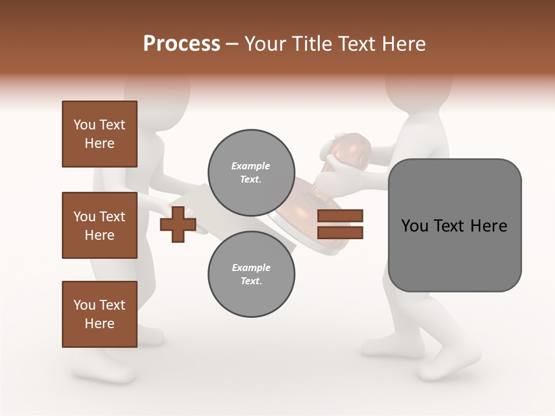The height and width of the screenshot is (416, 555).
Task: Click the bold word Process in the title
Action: pos(182,44)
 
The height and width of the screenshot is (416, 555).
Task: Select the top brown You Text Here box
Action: pos(99,134)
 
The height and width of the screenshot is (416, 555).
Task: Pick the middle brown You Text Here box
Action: pos(99,225)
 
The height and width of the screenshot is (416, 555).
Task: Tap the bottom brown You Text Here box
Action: pos(99,314)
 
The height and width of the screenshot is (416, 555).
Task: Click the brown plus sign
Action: pos(178,223)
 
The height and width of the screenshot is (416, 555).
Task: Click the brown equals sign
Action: pos(340,224)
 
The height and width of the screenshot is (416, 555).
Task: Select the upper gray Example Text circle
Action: pos(251,172)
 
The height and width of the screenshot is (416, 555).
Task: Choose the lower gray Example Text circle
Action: pos(251,274)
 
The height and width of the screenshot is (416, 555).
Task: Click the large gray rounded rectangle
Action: pos(454,225)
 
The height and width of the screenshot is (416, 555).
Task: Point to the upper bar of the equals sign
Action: pos(340,216)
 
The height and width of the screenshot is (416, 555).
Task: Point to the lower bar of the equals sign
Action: pos(340,232)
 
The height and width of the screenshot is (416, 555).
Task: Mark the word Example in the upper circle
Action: pos(251,166)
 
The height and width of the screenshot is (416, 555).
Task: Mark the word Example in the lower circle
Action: pos(251,268)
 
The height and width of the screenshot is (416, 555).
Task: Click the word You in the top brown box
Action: pos(83,125)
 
